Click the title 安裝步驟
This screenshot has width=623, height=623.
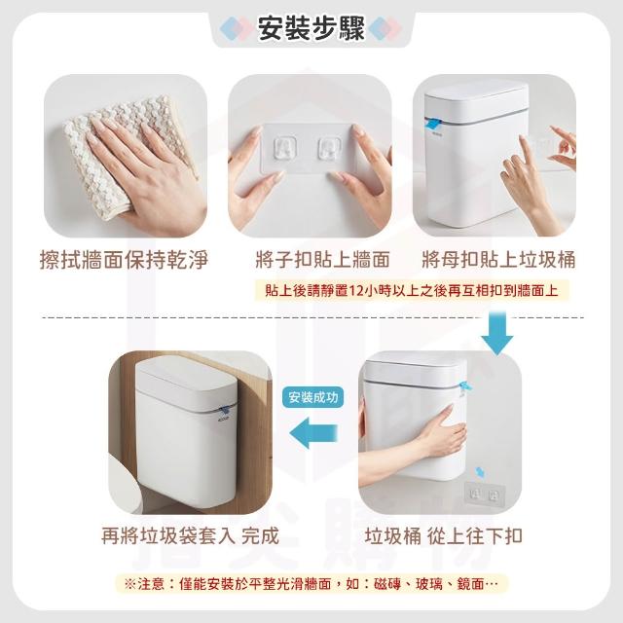point(311,28)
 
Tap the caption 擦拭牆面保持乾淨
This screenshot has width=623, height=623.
point(124,260)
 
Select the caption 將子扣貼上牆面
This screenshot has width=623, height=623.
point(322,260)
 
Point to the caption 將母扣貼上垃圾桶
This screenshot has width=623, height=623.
point(498,260)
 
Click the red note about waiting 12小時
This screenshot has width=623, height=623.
point(412,291)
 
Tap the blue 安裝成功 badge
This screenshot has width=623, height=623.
point(313,397)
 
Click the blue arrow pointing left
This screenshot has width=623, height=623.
point(313,432)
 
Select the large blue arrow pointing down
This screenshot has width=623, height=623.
point(497,333)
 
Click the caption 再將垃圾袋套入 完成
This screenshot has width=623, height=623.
point(190,535)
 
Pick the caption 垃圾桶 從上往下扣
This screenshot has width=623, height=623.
point(444,535)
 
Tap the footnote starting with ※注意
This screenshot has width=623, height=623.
point(311,584)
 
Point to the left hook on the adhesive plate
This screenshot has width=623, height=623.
point(285,148)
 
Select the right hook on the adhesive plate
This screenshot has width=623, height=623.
point(329,149)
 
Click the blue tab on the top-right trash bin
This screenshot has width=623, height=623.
point(433,124)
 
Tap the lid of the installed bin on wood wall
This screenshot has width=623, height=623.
point(187,381)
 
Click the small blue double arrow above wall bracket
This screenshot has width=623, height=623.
point(480,472)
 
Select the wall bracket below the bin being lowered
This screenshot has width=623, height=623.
point(484,495)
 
